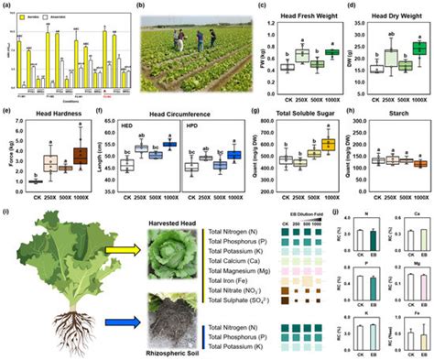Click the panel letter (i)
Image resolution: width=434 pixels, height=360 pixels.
pyautogui.click(x=8, y=213)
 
